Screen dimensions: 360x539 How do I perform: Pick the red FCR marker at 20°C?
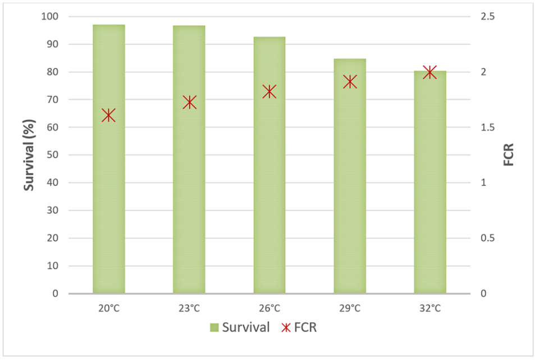point(108,116)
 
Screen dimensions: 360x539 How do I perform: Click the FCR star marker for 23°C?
point(189,102)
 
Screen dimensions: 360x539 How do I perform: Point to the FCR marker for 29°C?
point(350,82)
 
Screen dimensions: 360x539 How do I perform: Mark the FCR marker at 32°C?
point(430,72)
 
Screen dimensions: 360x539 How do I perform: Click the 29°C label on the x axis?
point(350,308)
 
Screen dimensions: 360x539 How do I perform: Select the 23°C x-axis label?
point(189,308)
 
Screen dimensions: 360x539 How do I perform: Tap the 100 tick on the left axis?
point(50,17)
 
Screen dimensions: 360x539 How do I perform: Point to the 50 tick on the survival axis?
point(52,155)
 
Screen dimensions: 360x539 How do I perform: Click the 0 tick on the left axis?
point(55,294)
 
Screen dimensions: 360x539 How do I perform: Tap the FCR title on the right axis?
point(509,155)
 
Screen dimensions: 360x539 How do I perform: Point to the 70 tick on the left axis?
point(52,100)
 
